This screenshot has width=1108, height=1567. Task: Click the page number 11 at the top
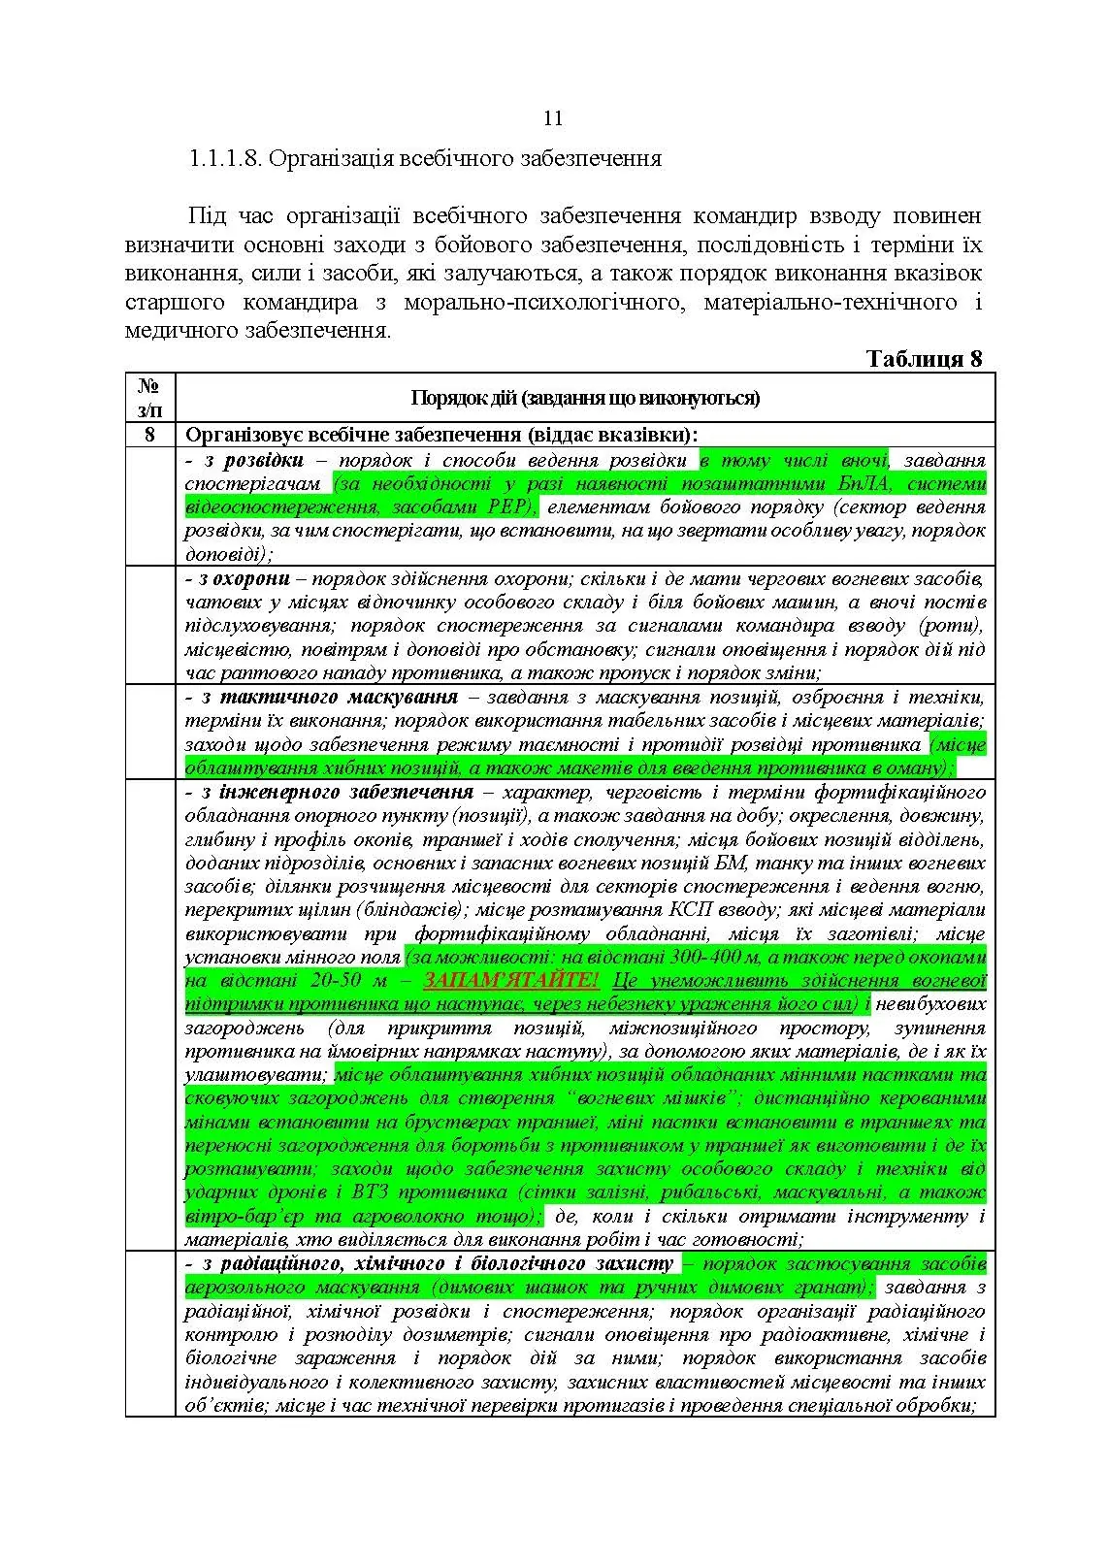(x=553, y=119)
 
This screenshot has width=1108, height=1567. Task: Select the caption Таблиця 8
(x=924, y=359)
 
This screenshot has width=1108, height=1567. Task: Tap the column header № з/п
(x=149, y=398)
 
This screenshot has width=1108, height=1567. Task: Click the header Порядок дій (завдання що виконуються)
(x=585, y=398)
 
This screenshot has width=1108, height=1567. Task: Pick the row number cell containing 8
(x=149, y=435)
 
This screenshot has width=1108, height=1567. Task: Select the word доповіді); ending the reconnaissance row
(x=229, y=554)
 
